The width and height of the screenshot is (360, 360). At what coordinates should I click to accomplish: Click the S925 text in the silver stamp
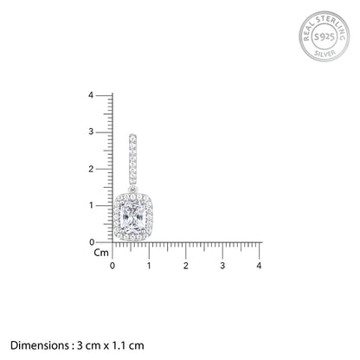click(325, 36)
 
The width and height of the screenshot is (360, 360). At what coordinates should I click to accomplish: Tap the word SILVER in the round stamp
click(325, 54)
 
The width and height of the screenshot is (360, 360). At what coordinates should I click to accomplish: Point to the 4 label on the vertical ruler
click(91, 95)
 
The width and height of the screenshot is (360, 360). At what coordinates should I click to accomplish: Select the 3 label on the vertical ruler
click(91, 132)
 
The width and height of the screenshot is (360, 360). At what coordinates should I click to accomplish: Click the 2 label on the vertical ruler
click(91, 169)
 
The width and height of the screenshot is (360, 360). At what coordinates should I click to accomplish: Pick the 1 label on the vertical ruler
click(91, 205)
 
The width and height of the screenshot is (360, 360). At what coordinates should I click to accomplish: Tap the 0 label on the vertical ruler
click(92, 242)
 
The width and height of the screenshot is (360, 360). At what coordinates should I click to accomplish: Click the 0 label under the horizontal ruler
click(112, 266)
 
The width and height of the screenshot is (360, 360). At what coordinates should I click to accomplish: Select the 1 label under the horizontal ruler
click(149, 266)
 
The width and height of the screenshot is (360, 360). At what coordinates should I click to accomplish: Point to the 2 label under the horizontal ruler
click(186, 266)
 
